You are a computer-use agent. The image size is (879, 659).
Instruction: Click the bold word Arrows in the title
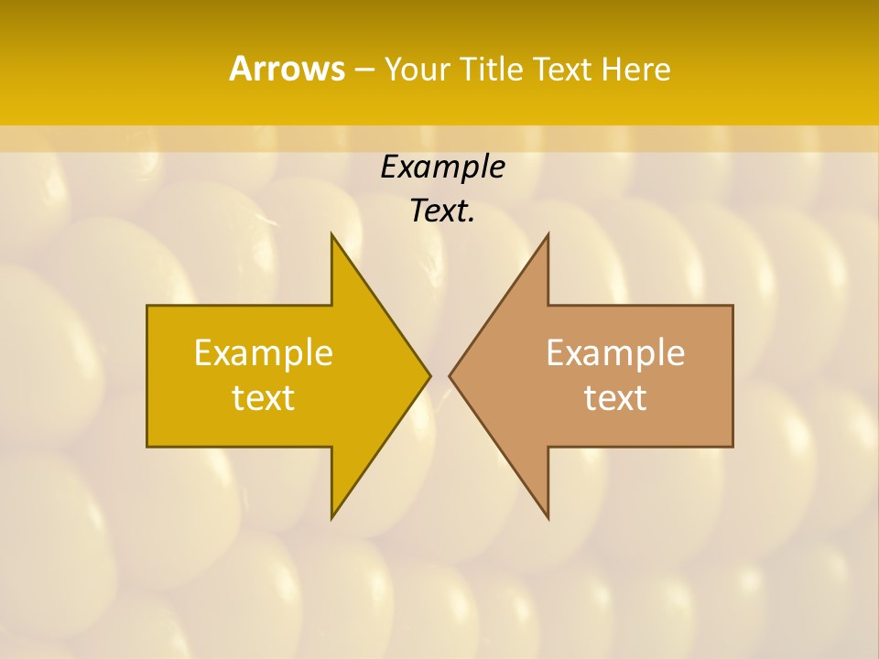(x=287, y=69)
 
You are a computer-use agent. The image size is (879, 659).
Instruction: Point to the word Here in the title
(x=635, y=70)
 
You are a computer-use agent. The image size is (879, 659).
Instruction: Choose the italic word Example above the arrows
(x=442, y=167)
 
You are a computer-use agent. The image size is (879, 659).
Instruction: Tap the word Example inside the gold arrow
(x=264, y=353)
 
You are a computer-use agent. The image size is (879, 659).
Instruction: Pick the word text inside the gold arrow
(x=264, y=398)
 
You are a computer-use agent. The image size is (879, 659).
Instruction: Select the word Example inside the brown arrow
(x=615, y=353)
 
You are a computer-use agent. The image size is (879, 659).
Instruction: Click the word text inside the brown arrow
(x=615, y=398)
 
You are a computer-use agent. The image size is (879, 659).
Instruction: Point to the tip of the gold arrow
(x=429, y=375)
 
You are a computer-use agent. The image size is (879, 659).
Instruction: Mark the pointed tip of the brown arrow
(x=450, y=375)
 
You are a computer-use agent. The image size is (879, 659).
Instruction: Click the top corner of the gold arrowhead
(x=332, y=234)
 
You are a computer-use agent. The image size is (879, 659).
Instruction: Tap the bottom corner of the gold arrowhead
(x=332, y=517)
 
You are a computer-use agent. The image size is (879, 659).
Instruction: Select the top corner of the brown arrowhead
(x=548, y=234)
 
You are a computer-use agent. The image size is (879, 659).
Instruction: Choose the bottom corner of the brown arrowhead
(x=548, y=517)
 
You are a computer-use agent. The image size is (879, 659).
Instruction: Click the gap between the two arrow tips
(x=439, y=375)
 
